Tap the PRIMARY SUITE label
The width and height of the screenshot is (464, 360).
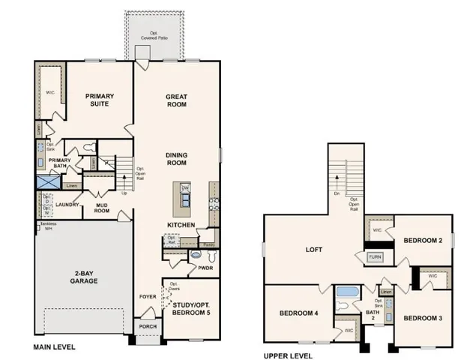click(x=98, y=100)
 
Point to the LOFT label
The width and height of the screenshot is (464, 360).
click(x=313, y=250)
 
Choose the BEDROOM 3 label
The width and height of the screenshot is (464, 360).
click(x=423, y=318)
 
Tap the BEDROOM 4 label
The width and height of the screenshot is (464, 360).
click(x=299, y=313)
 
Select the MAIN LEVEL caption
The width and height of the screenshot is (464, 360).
click(x=54, y=347)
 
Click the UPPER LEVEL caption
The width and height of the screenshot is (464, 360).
click(x=288, y=355)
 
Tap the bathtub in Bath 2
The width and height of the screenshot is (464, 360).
click(x=349, y=292)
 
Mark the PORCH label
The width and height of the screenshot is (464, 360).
click(x=147, y=327)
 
